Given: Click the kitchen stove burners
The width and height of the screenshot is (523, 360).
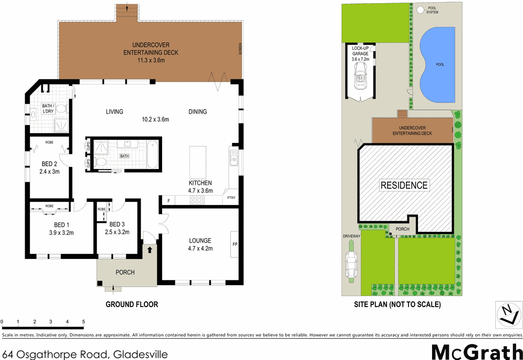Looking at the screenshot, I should pos(197,200).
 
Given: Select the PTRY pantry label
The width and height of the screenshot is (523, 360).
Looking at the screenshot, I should pos(231,197).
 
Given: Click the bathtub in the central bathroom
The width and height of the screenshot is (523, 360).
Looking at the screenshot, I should pos(152,155).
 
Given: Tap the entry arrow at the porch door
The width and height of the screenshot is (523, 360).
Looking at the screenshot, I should pos(151,250).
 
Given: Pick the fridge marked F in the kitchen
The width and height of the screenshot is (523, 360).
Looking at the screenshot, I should pos(168,200).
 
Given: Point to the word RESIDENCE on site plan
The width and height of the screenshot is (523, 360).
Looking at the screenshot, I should pos(404,185).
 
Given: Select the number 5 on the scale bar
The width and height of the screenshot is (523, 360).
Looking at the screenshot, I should pos(83,321).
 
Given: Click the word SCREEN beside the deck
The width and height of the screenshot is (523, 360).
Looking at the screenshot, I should pos(241,49).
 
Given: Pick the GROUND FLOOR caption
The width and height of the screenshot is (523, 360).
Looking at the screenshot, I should pos(132,304).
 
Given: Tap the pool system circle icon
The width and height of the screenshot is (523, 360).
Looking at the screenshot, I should pos(420,9).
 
